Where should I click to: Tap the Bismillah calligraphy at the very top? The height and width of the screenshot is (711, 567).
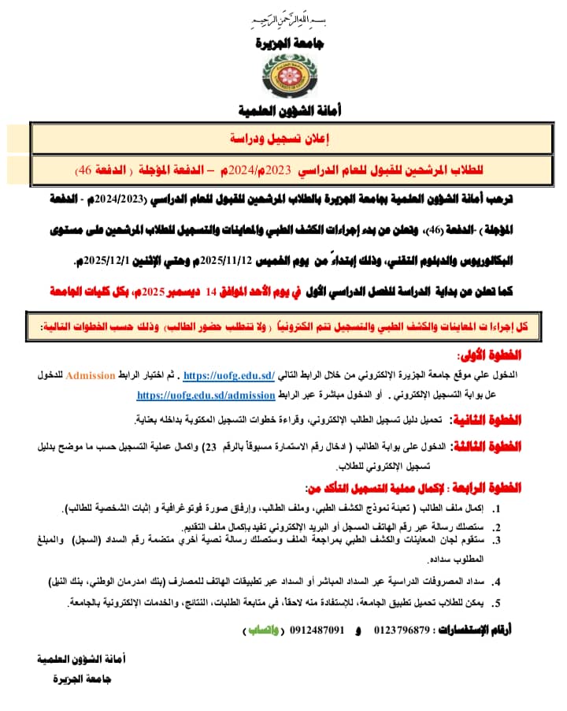click(285, 17)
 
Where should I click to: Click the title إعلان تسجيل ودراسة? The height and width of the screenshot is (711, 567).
click(284, 138)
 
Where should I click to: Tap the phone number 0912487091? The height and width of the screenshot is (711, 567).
click(318, 631)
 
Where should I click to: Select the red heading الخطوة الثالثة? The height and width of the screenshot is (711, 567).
click(488, 446)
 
